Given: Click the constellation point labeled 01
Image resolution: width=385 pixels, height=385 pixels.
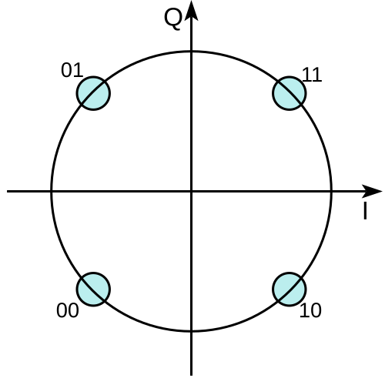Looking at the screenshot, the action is (93, 93).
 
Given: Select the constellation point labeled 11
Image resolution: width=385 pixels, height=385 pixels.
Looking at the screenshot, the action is (290, 93).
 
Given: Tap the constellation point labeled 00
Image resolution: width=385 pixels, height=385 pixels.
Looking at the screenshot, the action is (93, 290).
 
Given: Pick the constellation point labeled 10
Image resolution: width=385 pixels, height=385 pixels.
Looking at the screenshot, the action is (290, 290).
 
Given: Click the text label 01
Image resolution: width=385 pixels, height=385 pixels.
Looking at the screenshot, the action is (72, 70).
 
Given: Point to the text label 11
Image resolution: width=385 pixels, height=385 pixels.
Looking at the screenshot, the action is (312, 75).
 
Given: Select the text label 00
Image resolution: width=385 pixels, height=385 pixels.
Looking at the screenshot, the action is (67, 310).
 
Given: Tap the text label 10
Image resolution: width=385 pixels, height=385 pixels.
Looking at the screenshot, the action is (310, 310).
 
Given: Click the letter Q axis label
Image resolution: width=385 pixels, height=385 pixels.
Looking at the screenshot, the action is (173, 20).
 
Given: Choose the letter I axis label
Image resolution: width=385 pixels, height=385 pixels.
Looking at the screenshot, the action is (365, 211).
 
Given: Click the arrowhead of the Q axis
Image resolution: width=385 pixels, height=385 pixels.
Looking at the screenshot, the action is (191, 10).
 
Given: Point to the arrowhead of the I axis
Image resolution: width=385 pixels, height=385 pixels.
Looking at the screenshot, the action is (372, 191).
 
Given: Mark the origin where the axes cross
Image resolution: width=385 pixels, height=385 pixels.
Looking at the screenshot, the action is (191, 191).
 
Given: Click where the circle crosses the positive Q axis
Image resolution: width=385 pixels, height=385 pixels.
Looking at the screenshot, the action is (191, 52).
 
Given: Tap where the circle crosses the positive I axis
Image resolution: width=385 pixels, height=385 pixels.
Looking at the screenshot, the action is (331, 191).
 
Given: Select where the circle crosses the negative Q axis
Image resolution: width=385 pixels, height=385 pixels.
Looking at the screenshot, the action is (191, 331).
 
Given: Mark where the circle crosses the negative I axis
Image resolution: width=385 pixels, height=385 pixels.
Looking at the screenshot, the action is (52, 191).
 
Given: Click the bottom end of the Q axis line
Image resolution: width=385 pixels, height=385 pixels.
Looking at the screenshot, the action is (191, 376).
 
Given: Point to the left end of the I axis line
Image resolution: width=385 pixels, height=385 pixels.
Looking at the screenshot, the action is (7, 191).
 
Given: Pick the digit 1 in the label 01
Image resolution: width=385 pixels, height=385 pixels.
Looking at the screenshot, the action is (79, 70).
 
